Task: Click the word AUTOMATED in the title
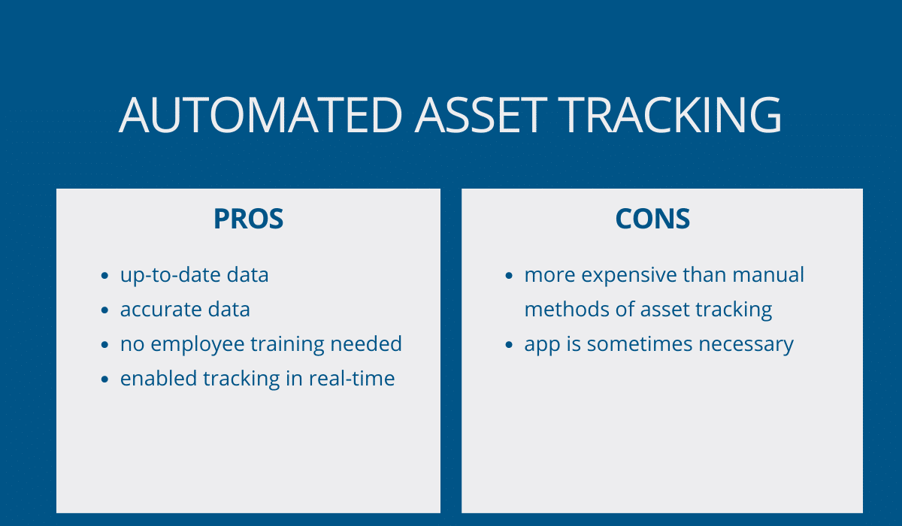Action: (x=261, y=115)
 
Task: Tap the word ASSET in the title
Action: (x=481, y=115)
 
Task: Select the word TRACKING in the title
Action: (x=670, y=115)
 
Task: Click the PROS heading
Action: (x=249, y=219)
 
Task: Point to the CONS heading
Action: (x=652, y=219)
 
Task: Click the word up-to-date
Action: (x=170, y=276)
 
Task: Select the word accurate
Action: (x=161, y=310)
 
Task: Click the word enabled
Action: (x=159, y=378)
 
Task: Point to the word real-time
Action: (x=352, y=378)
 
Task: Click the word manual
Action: (x=768, y=275)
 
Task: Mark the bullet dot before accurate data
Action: (x=104, y=310)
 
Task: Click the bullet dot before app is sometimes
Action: (x=509, y=344)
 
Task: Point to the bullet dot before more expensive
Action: (x=509, y=275)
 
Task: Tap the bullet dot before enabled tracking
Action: (x=104, y=379)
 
